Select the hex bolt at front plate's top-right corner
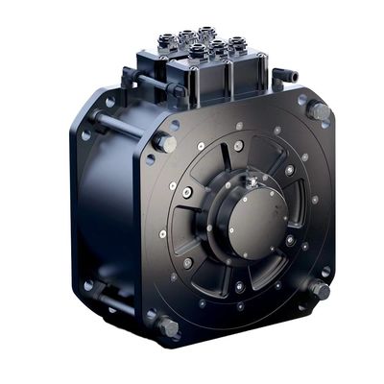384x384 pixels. point(319,112)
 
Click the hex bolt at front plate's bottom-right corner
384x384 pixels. point(318,289)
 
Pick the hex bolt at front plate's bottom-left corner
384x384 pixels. point(167,327)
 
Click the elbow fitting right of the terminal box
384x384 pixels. point(284,75)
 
